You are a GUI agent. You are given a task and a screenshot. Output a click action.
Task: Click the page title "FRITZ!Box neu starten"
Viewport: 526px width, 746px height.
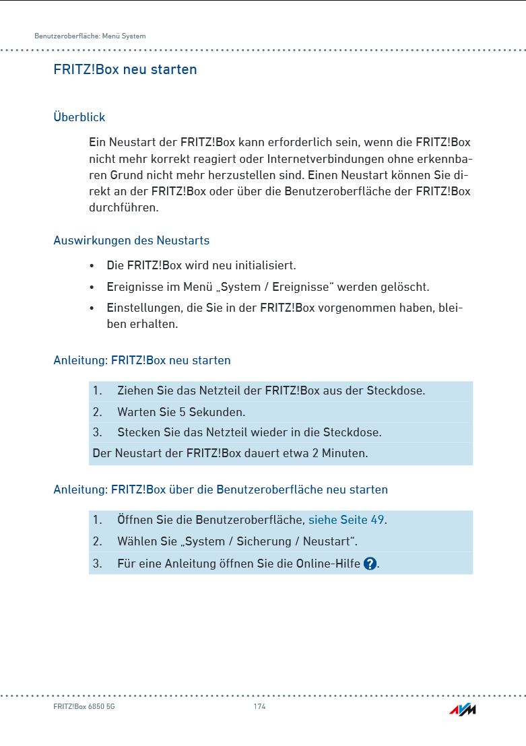[x=125, y=69]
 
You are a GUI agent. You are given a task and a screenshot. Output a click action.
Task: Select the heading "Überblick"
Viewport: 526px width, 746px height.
[x=79, y=117]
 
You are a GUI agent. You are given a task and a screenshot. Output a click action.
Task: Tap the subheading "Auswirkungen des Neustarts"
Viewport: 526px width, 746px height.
[x=131, y=240]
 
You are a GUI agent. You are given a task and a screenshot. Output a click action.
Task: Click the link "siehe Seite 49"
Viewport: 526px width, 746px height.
[x=346, y=520]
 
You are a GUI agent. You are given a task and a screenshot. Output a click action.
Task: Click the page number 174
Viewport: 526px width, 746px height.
[x=259, y=706]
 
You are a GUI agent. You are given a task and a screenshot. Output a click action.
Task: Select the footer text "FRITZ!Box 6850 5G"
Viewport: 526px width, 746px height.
[x=84, y=706]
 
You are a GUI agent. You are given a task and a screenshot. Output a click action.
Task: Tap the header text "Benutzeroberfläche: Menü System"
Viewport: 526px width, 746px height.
[x=90, y=36]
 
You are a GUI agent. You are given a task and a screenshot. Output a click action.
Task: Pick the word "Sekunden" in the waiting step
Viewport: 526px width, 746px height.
[x=217, y=412]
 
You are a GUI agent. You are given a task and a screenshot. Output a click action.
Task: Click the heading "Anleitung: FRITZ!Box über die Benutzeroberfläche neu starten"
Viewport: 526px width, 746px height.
[x=221, y=489]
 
